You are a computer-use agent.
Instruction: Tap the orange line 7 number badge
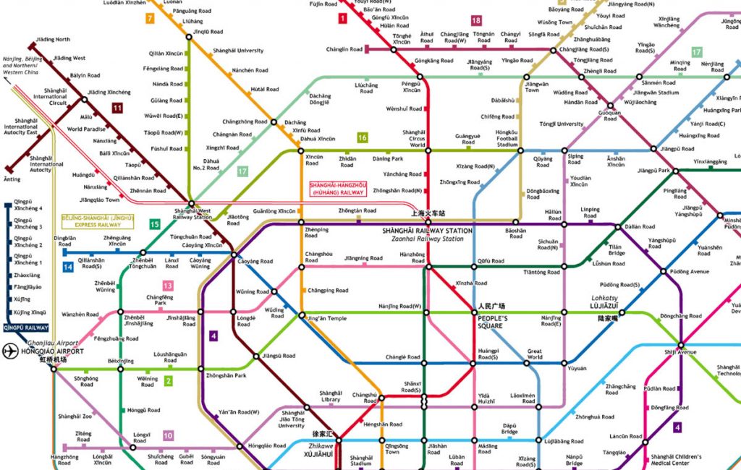pyautogui.click(x=150, y=18)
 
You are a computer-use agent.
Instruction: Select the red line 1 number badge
pyautogui.click(x=342, y=18)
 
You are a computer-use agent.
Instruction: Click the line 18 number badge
pyautogui.click(x=475, y=20)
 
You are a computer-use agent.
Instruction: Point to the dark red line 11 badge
pyautogui.click(x=117, y=108)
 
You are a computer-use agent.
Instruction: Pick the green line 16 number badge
pyautogui.click(x=362, y=137)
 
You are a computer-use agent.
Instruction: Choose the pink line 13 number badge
pyautogui.click(x=168, y=286)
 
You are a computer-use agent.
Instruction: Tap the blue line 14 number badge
pyautogui.click(x=67, y=268)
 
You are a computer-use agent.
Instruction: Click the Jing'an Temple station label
pyautogui.click(x=326, y=319)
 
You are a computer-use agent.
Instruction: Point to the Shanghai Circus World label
pyautogui.click(x=414, y=138)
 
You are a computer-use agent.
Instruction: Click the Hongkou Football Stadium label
pyautogui.click(x=507, y=138)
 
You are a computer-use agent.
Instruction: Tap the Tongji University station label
pyautogui.click(x=561, y=124)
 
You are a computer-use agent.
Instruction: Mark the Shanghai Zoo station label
pyautogui.click(x=75, y=416)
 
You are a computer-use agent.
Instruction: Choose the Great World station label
pyautogui.click(x=535, y=354)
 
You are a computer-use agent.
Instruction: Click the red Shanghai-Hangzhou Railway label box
pyautogui.click(x=337, y=189)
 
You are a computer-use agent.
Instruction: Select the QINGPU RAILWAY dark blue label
pyautogui.click(x=24, y=326)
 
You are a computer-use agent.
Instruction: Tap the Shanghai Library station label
pyautogui.click(x=330, y=396)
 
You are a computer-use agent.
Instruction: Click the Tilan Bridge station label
pyautogui.click(x=617, y=249)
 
